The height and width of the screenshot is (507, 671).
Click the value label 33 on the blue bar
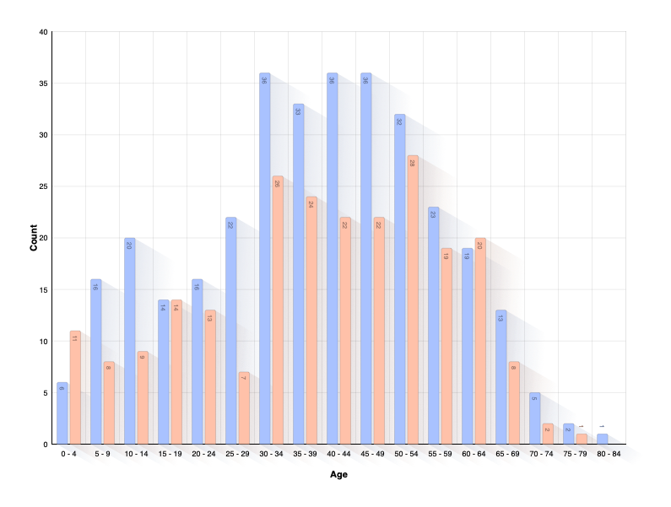point(298,111)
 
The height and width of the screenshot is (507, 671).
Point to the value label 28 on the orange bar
point(413,162)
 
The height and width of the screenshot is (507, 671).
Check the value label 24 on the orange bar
point(311,203)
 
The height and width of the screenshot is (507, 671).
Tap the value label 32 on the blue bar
point(399,121)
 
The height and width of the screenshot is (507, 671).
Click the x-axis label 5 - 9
point(102,454)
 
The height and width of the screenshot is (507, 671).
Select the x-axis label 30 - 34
point(271,454)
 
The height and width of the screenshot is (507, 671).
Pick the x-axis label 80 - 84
point(609,454)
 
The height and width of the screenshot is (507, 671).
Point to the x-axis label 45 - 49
point(372,454)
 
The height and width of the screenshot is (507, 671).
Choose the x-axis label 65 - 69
point(507,454)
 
